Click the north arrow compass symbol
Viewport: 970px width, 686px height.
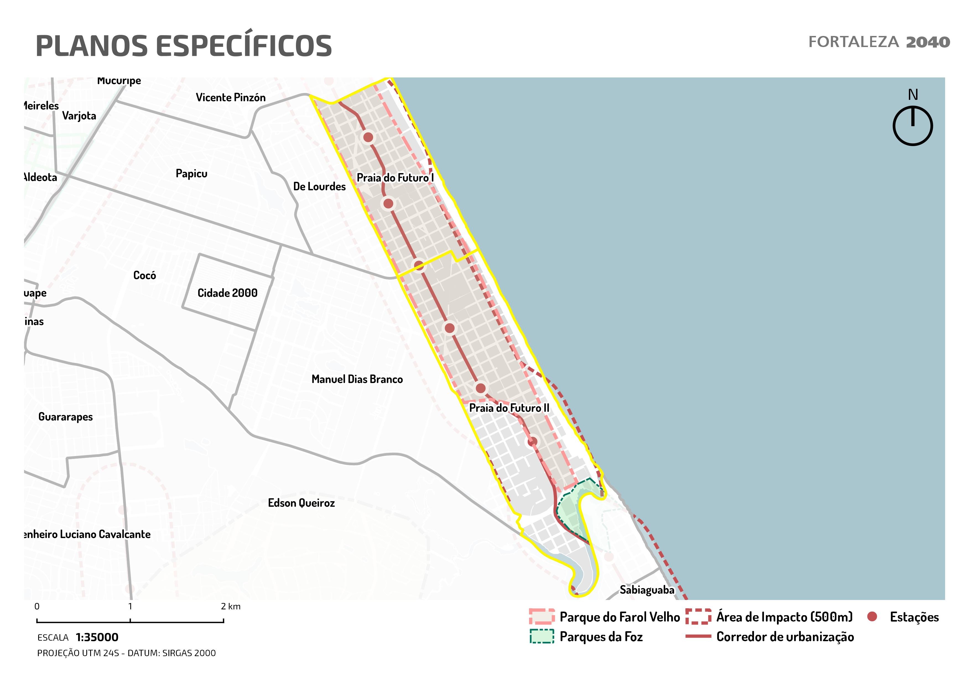coord(912,126)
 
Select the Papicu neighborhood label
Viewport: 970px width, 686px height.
coord(191,174)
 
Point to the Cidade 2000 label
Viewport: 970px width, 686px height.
coord(227,293)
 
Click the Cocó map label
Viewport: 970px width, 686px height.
coord(144,276)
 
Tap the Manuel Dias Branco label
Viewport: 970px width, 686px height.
coord(357,379)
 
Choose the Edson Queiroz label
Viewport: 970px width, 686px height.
coord(301,503)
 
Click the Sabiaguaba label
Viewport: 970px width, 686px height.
coord(647,590)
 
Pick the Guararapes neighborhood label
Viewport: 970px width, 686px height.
coord(66,417)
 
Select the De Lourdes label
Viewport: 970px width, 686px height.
coord(319,186)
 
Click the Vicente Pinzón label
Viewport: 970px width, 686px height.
coord(231,98)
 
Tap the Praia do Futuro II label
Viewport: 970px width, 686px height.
coord(509,408)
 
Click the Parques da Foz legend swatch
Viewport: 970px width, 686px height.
coord(542,636)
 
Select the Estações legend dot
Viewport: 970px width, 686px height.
coord(872,617)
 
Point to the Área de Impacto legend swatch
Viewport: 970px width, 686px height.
coord(698,617)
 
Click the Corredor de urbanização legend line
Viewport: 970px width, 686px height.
coord(698,636)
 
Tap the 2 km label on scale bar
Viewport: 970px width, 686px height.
coord(231,607)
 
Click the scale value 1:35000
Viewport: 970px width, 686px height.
coord(97,637)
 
